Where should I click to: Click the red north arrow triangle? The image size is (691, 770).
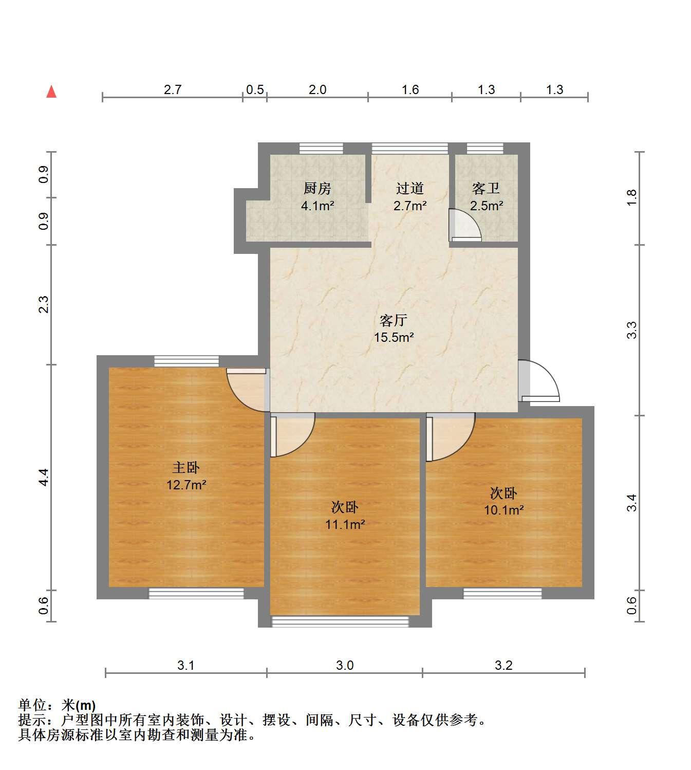(51, 92)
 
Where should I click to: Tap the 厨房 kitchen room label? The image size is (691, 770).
(317, 189)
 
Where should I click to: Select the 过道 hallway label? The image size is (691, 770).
(410, 189)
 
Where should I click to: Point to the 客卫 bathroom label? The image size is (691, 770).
(486, 189)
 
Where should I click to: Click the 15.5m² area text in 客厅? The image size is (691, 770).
(394, 338)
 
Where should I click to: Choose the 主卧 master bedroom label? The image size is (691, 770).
(186, 468)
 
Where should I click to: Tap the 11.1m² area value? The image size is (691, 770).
(345, 525)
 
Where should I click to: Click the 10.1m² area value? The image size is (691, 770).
(503, 510)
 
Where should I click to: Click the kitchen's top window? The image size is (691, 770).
(322, 148)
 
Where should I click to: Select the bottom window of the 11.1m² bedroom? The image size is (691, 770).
(341, 622)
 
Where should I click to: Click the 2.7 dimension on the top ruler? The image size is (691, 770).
(173, 89)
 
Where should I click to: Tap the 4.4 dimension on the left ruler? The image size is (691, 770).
(44, 478)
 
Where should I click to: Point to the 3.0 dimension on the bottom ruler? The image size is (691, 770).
(345, 665)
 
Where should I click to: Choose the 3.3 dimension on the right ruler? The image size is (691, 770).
(631, 330)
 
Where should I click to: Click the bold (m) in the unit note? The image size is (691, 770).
(85, 706)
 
